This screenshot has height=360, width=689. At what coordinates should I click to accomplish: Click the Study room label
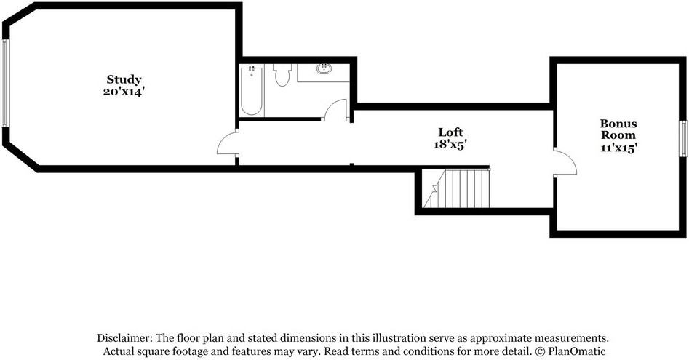(124, 79)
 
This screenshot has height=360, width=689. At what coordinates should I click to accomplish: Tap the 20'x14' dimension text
(124, 92)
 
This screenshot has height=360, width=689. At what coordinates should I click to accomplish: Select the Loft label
(450, 132)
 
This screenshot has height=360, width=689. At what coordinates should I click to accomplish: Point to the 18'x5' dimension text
(450, 144)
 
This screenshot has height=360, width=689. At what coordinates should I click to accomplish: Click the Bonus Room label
(618, 129)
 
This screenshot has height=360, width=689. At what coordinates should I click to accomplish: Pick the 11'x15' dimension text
(618, 148)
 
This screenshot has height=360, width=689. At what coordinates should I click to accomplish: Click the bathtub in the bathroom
(252, 91)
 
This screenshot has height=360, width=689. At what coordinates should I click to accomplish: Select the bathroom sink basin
(324, 68)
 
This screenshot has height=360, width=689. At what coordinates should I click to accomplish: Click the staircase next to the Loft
(456, 189)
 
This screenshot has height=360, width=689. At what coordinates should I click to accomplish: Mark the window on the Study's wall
(4, 84)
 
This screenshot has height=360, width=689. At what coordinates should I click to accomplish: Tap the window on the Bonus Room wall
(684, 139)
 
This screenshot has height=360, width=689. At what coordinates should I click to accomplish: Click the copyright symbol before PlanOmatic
(540, 351)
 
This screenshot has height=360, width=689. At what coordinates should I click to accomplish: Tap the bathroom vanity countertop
(324, 73)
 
